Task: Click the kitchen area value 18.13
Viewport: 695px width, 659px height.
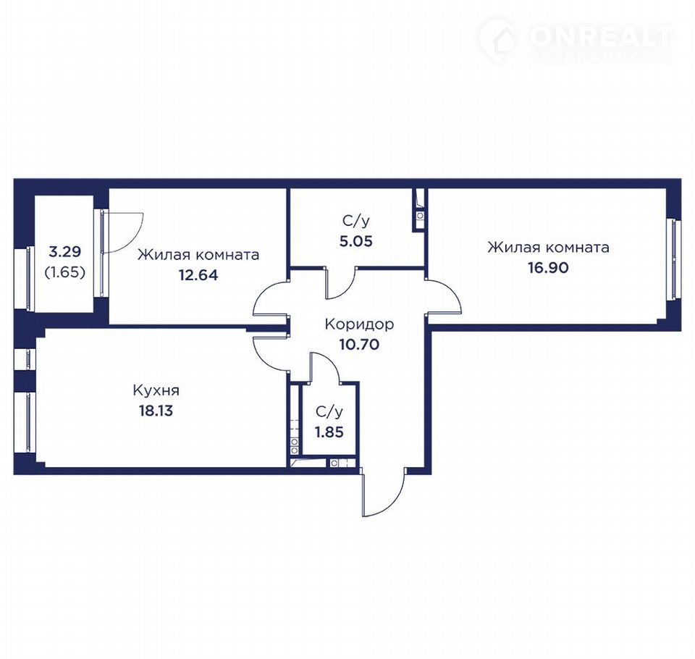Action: click(156, 411)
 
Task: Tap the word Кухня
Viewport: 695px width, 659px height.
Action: click(156, 391)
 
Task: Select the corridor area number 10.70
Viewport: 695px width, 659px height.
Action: click(359, 344)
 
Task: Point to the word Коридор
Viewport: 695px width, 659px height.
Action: click(359, 324)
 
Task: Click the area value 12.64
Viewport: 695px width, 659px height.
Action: click(198, 275)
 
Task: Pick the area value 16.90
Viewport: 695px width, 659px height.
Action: click(548, 267)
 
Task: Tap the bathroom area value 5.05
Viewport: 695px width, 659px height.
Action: click(356, 241)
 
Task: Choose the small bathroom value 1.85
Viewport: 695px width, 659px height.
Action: click(329, 432)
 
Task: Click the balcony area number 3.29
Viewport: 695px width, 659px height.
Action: click(64, 252)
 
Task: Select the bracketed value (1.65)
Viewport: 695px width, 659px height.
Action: click(64, 272)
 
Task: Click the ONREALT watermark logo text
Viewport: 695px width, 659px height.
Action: click(602, 37)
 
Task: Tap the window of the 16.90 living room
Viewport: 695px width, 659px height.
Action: click(674, 259)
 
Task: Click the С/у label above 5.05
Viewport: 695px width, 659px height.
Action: click(356, 222)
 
